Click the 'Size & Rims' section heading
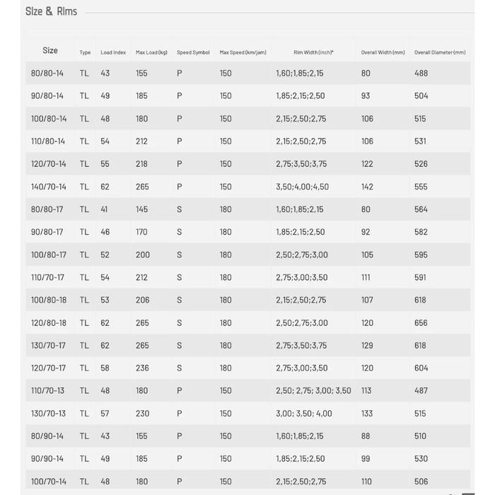point(51,11)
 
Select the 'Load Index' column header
point(113,52)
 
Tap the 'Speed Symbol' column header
point(193,52)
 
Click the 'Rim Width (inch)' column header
point(313,52)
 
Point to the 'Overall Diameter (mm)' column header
point(440,52)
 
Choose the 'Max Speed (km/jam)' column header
point(243,52)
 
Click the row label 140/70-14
point(49,187)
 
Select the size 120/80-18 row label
point(49,322)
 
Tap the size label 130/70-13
point(48,413)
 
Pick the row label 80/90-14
point(47,436)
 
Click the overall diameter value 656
point(421,322)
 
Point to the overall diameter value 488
point(421,73)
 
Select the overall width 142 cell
point(367,187)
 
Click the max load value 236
point(142,368)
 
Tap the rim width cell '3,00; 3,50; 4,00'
point(304,413)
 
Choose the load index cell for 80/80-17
point(105,209)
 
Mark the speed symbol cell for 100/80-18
point(180,300)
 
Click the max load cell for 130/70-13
point(142,413)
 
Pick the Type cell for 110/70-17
point(84,277)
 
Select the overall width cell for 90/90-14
point(366,459)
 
